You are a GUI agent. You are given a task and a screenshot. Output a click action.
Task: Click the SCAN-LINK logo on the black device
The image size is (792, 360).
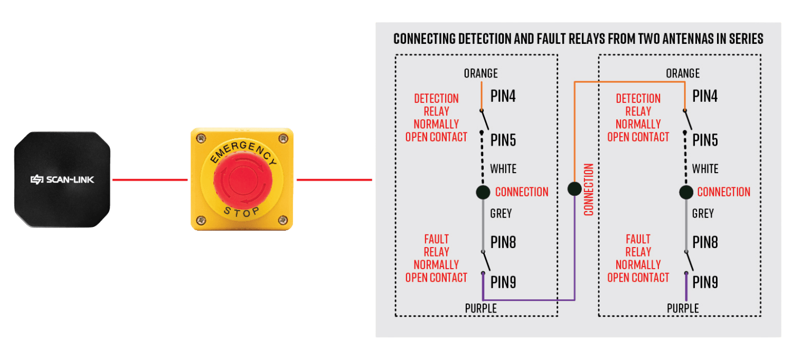pos(62,180)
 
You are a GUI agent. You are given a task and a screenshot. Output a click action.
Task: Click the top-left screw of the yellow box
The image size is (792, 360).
pos(200,138)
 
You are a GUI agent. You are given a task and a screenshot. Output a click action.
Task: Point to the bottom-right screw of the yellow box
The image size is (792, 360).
pos(282,220)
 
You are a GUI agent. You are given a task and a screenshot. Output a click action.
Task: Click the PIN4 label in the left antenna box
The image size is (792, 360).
pos(503,96)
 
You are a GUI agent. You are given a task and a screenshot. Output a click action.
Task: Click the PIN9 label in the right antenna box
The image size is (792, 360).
pos(705,282)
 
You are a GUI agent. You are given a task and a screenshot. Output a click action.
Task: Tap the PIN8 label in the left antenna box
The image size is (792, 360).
pos(503,242)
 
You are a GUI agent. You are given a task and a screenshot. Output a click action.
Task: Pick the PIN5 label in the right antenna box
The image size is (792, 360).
pos(705,140)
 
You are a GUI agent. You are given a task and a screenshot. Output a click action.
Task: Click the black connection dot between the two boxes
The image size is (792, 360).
pos(574,189)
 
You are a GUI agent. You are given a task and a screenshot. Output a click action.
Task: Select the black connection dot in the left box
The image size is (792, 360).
pos(483,192)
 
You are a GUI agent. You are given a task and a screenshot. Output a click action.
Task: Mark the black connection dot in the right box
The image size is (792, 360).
pos(686,192)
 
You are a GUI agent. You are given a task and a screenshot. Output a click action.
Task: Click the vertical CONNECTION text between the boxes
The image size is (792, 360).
pos(589,190)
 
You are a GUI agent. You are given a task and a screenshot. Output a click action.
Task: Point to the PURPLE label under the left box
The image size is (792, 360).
pos(480,308)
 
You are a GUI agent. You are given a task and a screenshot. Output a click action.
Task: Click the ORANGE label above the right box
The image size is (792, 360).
pos(683,73)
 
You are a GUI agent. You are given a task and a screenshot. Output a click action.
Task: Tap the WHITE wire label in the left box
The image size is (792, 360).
pos(503,169)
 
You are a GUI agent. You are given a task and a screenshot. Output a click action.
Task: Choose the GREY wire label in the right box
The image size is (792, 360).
pos(703,214)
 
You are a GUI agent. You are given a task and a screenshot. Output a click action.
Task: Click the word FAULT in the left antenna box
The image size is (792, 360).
pos(436,239)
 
